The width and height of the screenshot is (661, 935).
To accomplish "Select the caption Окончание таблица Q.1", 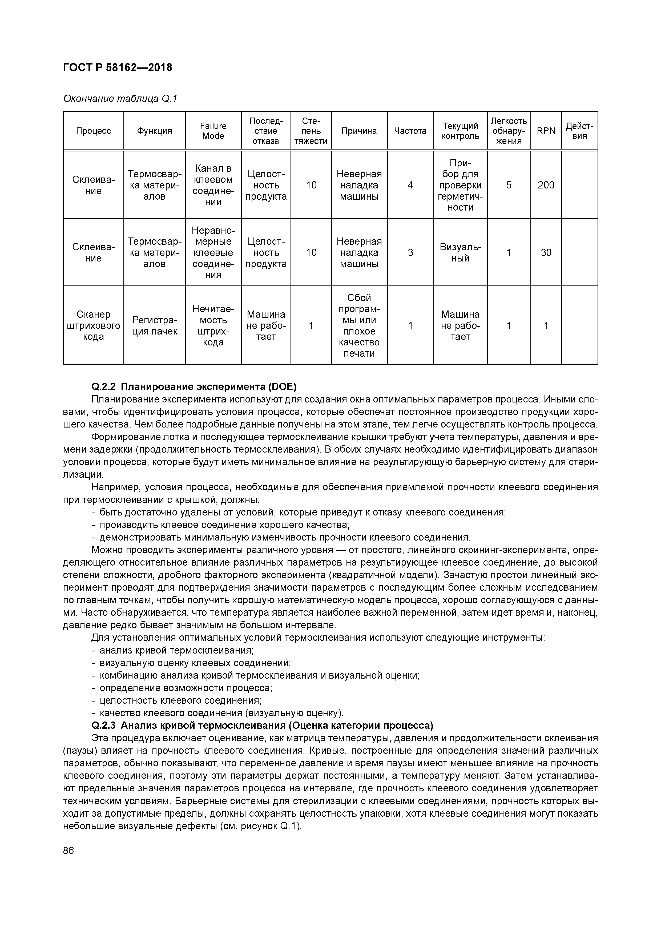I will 120,99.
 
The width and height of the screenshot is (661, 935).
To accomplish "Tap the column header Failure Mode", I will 213,131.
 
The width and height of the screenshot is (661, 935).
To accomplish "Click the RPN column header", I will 546,131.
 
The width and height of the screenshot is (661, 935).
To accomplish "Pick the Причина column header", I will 359,131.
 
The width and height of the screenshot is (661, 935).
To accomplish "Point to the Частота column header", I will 410,131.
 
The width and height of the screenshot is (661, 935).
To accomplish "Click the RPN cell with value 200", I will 546,185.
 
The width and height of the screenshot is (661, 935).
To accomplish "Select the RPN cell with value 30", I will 546,252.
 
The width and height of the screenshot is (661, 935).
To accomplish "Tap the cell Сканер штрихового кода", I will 93,325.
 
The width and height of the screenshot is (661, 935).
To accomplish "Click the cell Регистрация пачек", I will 154,325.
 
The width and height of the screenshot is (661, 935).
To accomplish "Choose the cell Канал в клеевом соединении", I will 213,185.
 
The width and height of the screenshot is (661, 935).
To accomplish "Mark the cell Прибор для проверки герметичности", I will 460,185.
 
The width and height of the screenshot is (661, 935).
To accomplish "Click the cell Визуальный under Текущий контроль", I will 460,252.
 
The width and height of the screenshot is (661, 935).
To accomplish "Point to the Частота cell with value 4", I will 410,185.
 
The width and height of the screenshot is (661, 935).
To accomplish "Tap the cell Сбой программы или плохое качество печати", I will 359,325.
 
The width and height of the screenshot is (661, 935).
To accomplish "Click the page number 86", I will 68,851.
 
